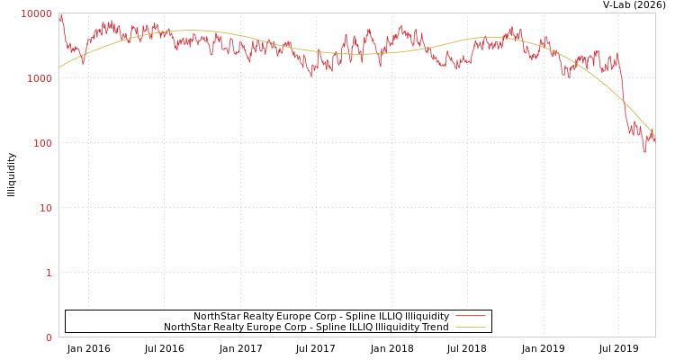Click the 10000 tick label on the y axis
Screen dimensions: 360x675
tap(37, 13)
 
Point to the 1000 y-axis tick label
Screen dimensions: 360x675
tap(40, 78)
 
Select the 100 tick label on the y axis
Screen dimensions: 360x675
tap(42, 143)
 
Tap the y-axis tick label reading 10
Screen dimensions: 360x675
tap(45, 208)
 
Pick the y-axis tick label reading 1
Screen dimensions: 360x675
tap(49, 273)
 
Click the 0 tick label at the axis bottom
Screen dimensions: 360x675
tap(49, 337)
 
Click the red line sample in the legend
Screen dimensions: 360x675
tap(470, 316)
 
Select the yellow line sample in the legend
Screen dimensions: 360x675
tap(470, 327)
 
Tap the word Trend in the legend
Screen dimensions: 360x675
tap(434, 327)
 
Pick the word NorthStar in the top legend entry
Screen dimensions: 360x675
tap(217, 316)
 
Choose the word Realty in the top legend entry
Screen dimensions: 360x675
tap(259, 316)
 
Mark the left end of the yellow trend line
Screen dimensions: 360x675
tap(59, 67)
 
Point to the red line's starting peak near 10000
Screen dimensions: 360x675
tap(60, 15)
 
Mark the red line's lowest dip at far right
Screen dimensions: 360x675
tap(644, 151)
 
